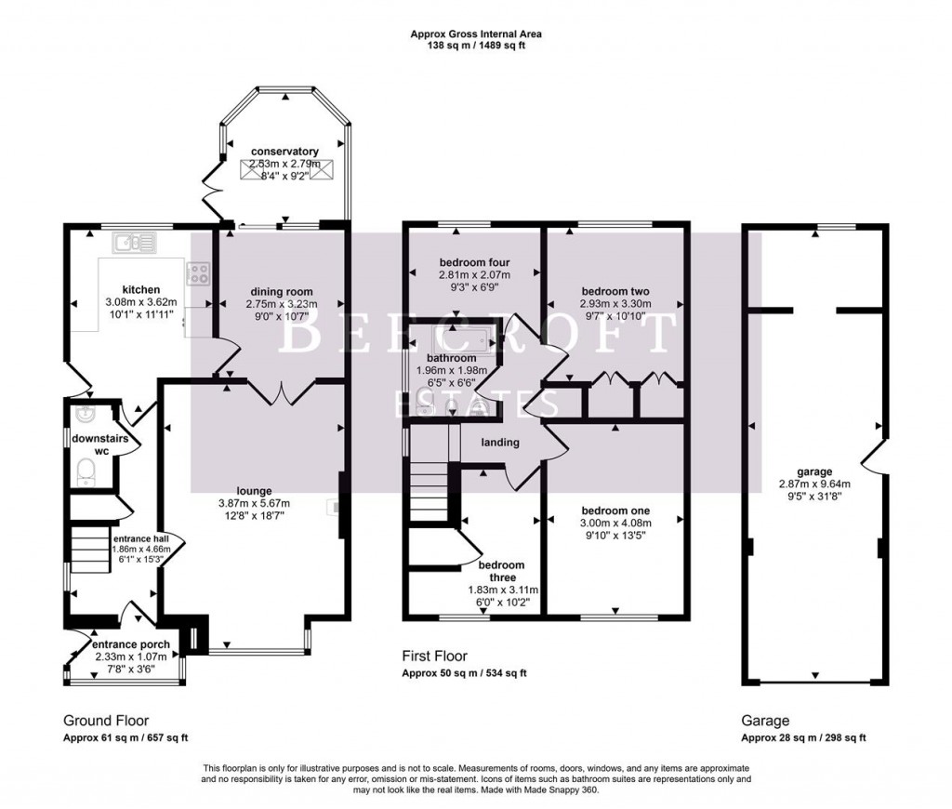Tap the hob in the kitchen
[x=198, y=273]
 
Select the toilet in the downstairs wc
[x=84, y=472]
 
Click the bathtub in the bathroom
[x=455, y=338]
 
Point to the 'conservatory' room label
[x=284, y=152]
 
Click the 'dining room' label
[x=282, y=291]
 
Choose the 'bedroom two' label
[x=615, y=291]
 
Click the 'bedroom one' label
[x=615, y=511]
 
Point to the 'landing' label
[x=499, y=443]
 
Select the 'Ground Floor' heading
[x=105, y=721]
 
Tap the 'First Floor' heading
[x=434, y=656]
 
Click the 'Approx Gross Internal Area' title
[x=476, y=34]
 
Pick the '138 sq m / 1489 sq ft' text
[x=476, y=45]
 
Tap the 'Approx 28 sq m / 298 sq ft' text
[x=803, y=738]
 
